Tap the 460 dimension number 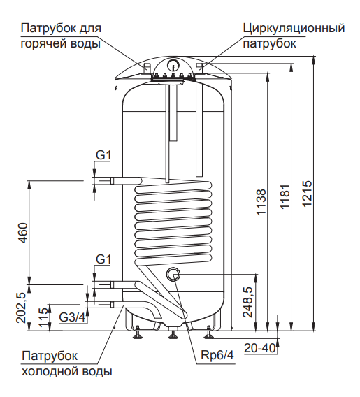(x=22, y=233)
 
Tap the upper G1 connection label (x=103, y=155)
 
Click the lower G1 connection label (x=103, y=259)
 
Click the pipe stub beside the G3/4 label (x=104, y=304)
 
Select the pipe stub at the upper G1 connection (x=104, y=181)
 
